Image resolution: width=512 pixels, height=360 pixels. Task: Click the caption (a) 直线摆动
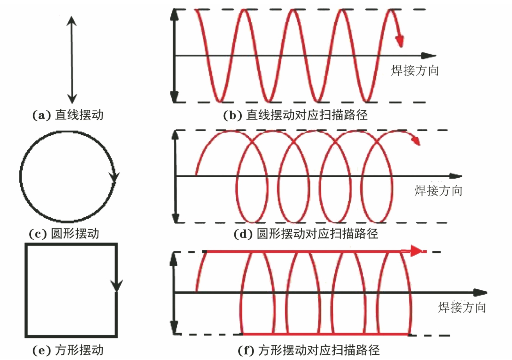coord(69,116)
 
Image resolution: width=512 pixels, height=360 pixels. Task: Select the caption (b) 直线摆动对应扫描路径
coord(295,116)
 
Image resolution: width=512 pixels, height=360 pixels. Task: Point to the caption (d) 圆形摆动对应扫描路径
coord(305,234)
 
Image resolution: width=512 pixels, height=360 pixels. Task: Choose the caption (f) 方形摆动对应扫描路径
coord(309,350)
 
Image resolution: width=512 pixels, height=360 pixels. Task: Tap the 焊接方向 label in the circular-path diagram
coord(438,191)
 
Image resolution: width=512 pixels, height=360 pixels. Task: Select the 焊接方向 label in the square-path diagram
coord(462,307)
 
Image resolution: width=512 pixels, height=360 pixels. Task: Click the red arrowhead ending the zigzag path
coord(400,41)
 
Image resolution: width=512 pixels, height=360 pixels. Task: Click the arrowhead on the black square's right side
coord(116,285)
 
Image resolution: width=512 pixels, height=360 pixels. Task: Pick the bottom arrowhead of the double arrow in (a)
coord(71,98)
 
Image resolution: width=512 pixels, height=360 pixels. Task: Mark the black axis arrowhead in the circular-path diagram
coord(455,176)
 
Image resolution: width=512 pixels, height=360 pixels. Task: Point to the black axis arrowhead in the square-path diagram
coord(480,292)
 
